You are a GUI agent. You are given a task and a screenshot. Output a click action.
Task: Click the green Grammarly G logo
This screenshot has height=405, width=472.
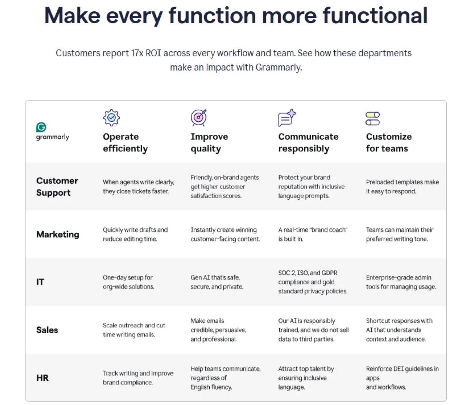[41, 127]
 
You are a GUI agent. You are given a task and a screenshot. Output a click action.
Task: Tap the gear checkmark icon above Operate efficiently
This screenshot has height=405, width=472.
[111, 117]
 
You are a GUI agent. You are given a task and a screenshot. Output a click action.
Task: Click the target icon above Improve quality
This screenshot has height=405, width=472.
[199, 117]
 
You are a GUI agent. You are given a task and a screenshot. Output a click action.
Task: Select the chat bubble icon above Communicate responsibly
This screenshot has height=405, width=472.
[287, 117]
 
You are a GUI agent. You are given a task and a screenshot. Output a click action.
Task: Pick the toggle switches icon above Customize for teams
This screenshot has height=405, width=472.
[372, 119]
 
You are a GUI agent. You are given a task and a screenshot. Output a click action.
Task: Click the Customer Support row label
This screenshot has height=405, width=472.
[57, 187]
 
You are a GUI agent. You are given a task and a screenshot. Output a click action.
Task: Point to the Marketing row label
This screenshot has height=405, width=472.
[58, 234]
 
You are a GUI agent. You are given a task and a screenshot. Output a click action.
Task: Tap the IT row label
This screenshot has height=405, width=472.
[40, 282]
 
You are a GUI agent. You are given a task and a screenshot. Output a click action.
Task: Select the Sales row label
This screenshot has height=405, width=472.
[47, 330]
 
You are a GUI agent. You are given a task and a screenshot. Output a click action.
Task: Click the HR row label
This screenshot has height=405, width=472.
[42, 378]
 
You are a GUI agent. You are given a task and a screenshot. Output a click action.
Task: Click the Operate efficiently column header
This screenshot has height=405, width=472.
[125, 143]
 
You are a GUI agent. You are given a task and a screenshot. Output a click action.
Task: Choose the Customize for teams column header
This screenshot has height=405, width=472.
[389, 143]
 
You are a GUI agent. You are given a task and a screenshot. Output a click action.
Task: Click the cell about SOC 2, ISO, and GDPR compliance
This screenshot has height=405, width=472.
[313, 282]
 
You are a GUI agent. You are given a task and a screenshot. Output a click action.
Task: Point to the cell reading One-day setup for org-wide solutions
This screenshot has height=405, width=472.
[129, 282]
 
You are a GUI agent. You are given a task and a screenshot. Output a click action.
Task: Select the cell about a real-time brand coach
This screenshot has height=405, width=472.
[313, 234]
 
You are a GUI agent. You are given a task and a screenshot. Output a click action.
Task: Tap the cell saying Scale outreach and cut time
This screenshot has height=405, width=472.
[134, 330]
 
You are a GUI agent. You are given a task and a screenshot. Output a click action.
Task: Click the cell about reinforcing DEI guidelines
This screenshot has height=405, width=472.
[402, 378]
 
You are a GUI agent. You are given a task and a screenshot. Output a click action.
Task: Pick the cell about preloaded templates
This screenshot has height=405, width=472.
[402, 187]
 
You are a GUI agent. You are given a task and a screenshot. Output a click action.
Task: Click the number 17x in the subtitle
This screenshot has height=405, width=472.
[137, 53]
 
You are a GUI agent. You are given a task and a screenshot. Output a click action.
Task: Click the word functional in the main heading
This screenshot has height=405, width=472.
[375, 15]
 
